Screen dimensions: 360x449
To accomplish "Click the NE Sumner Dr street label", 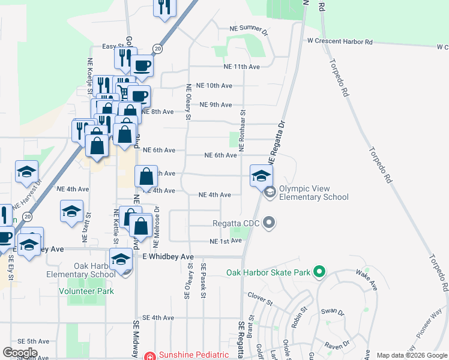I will (x=248, y=28).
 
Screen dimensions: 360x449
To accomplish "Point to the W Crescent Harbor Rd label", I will (x=340, y=42).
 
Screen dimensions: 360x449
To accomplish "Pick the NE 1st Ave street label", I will (x=226, y=241).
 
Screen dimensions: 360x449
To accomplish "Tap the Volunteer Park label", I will (x=86, y=291).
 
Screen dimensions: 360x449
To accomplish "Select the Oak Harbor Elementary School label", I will (x=94, y=271).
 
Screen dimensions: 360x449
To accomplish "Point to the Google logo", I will (x=20, y=353).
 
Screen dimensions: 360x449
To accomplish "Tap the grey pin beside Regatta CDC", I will (x=269, y=223).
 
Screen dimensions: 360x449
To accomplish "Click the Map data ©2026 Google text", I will (x=411, y=355).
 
